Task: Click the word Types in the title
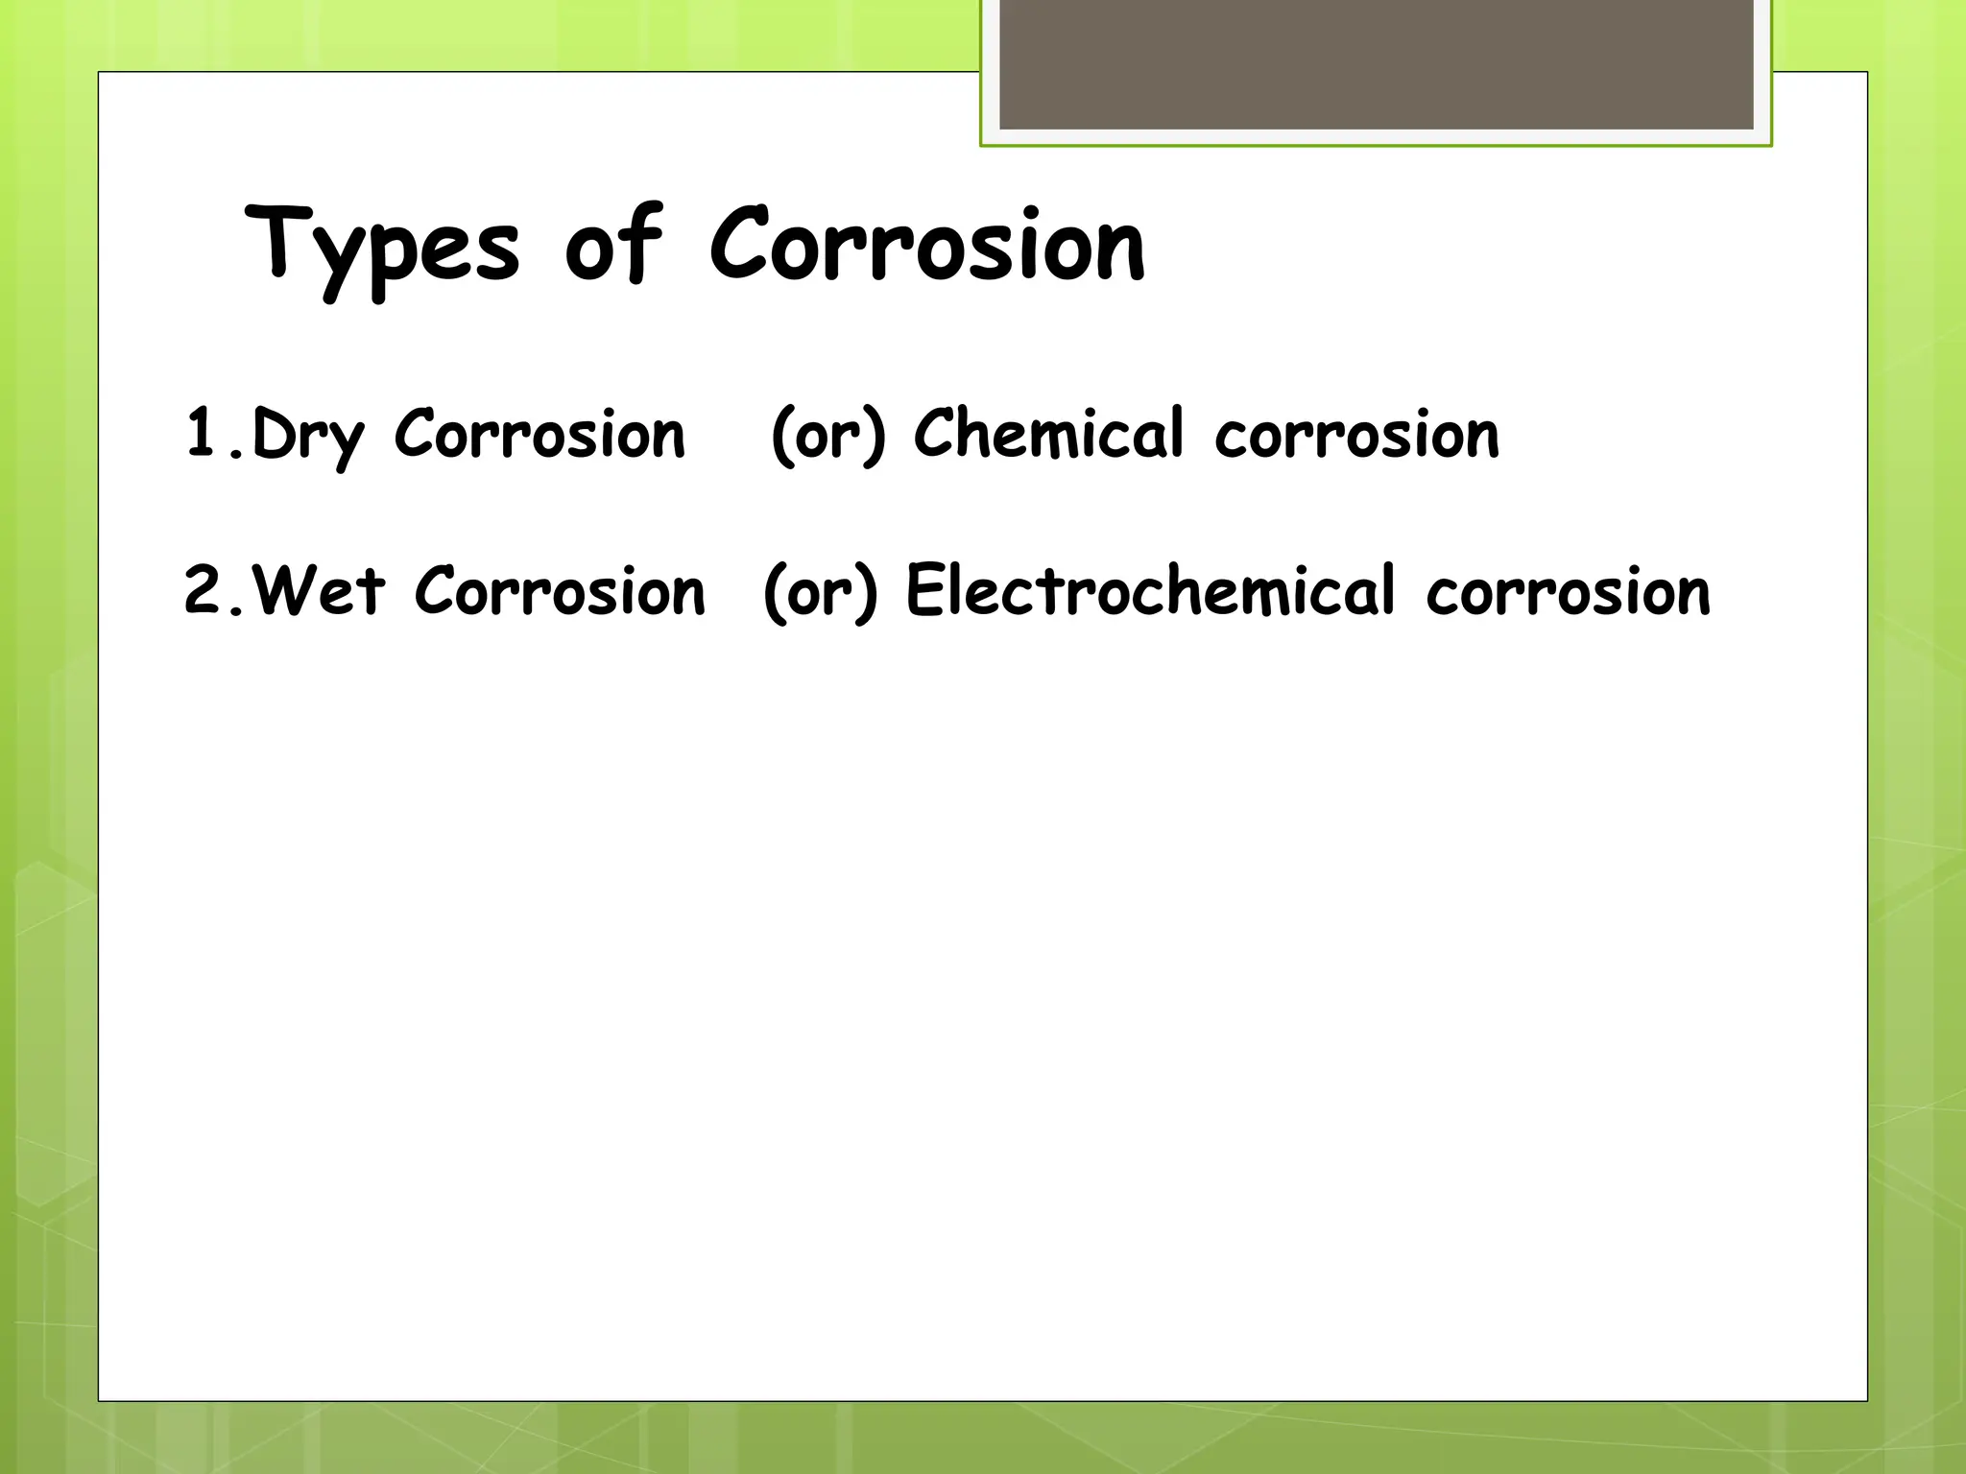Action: click(x=382, y=248)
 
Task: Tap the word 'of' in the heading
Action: click(x=613, y=244)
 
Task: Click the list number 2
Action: click(x=204, y=589)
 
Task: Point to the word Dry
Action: click(x=307, y=436)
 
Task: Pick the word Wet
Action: click(x=318, y=589)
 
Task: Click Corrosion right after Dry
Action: click(x=539, y=434)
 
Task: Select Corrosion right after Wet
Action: click(x=560, y=590)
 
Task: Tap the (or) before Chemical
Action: click(x=827, y=434)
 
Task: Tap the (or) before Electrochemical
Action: click(x=820, y=590)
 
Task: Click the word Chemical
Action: click(x=1048, y=433)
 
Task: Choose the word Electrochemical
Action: click(x=1149, y=589)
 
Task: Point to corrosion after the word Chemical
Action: click(x=1356, y=435)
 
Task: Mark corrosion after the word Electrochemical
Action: click(x=1568, y=591)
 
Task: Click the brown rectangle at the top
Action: click(x=1376, y=63)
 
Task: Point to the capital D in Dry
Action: click(x=273, y=433)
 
